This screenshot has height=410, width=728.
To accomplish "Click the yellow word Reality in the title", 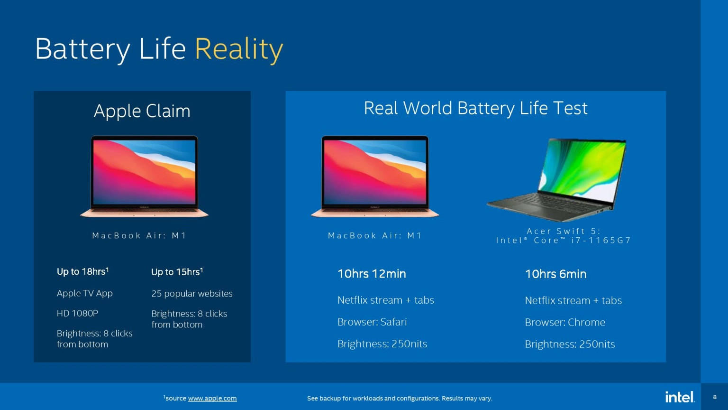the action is [x=239, y=49].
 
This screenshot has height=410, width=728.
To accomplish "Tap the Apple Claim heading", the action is [x=142, y=111].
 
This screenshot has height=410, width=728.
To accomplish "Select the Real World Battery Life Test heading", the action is [x=475, y=108].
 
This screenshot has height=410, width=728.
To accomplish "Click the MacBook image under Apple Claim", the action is [x=144, y=177].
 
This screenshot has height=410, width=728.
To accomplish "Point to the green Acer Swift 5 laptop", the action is [x=556, y=180].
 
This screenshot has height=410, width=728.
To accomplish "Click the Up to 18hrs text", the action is [x=82, y=271].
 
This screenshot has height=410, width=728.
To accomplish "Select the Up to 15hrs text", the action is [x=177, y=272].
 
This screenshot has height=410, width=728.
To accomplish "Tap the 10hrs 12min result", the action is [x=372, y=274].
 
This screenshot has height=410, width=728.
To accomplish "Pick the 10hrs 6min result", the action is [x=556, y=274].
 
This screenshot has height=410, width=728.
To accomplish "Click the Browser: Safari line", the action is [x=372, y=322].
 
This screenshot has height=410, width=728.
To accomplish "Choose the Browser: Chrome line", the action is [x=565, y=322].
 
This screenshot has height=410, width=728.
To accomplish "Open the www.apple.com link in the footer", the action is [x=212, y=398].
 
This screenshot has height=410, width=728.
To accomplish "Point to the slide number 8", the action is [x=715, y=397].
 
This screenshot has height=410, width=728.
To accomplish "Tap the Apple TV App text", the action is [x=84, y=294].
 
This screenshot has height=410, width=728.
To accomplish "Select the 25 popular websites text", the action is [x=192, y=294].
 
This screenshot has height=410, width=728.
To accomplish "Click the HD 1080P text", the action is [x=77, y=313].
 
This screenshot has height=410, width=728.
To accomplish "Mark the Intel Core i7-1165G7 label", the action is [x=564, y=241].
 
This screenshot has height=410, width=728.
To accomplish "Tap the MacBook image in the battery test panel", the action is [x=375, y=177].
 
